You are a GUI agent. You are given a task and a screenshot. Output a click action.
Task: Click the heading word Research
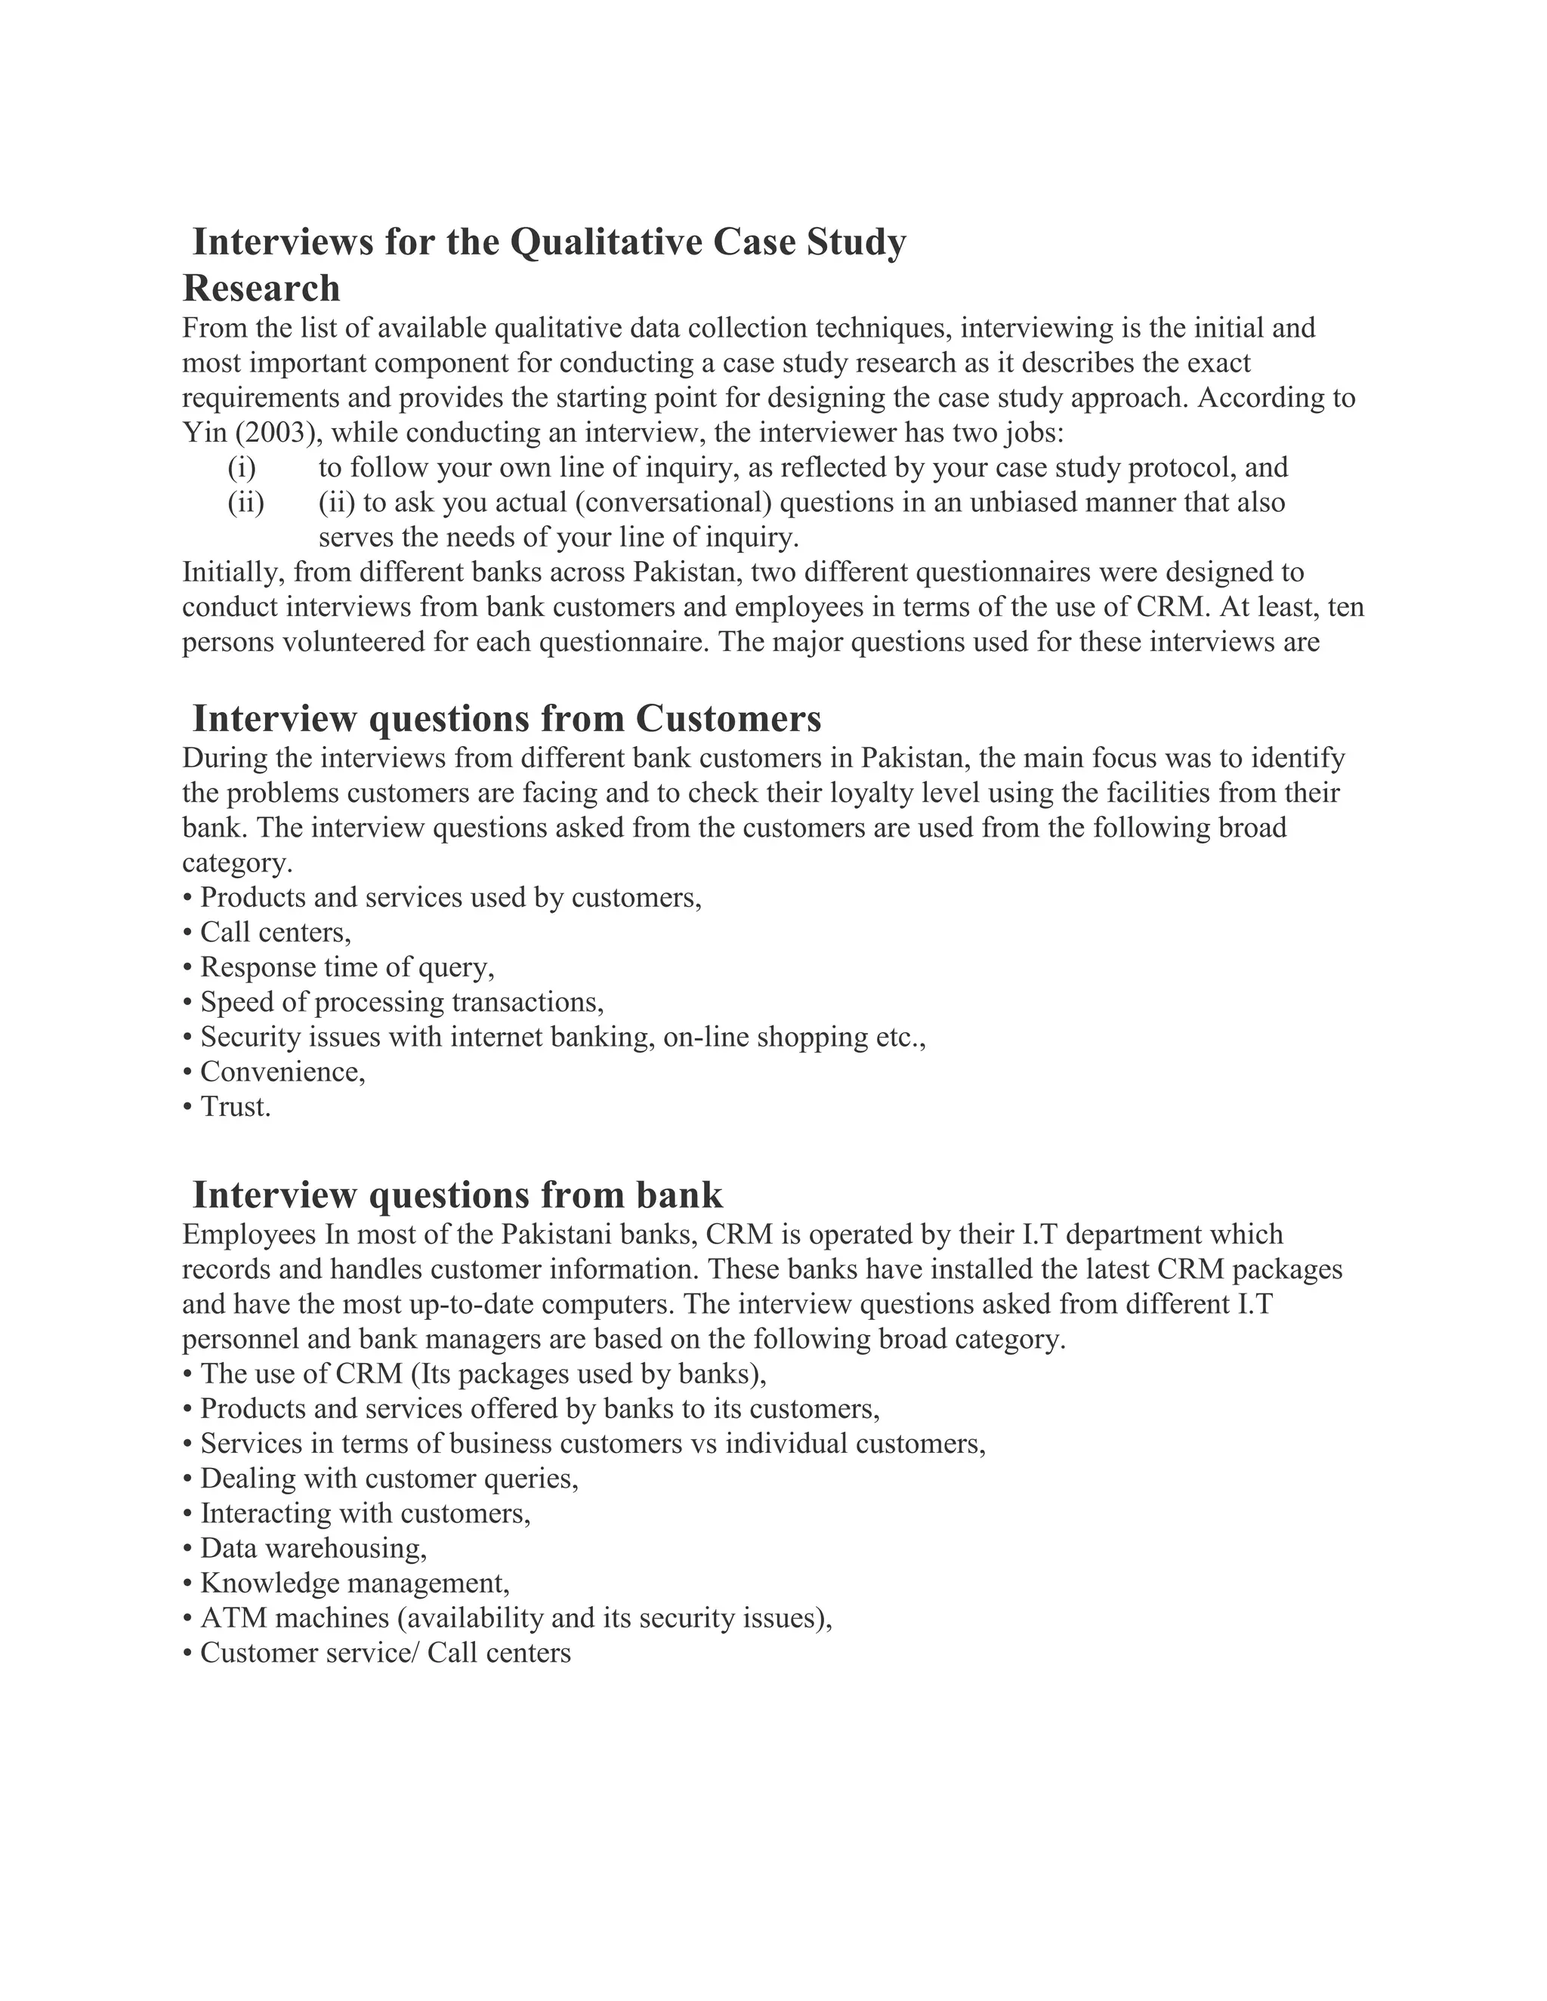[x=261, y=288]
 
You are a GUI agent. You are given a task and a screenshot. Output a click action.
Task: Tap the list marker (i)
[x=242, y=467]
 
